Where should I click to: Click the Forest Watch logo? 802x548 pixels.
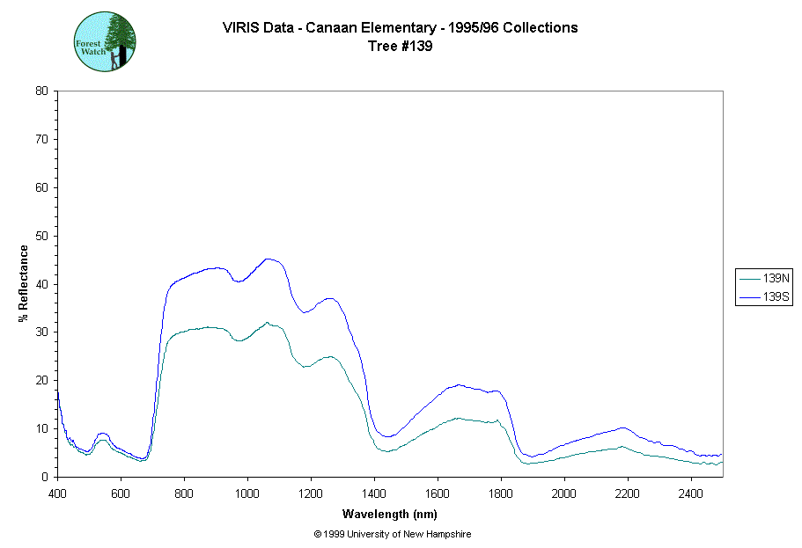click(105, 41)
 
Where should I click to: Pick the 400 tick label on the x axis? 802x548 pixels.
click(57, 493)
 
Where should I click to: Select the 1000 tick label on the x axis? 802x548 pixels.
click(247, 493)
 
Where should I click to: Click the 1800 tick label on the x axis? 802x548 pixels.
click(501, 493)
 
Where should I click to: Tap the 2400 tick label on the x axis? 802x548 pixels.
click(691, 493)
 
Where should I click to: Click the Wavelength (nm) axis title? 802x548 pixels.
click(390, 515)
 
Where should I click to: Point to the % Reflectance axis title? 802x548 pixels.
click(24, 283)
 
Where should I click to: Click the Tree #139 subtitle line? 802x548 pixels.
click(401, 47)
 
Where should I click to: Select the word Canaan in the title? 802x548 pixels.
click(332, 27)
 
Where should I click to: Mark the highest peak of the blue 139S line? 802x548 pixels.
click(269, 259)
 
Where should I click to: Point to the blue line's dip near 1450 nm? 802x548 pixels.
click(388, 436)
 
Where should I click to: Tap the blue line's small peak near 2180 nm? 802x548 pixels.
click(622, 428)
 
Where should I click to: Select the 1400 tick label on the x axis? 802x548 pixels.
click(374, 493)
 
